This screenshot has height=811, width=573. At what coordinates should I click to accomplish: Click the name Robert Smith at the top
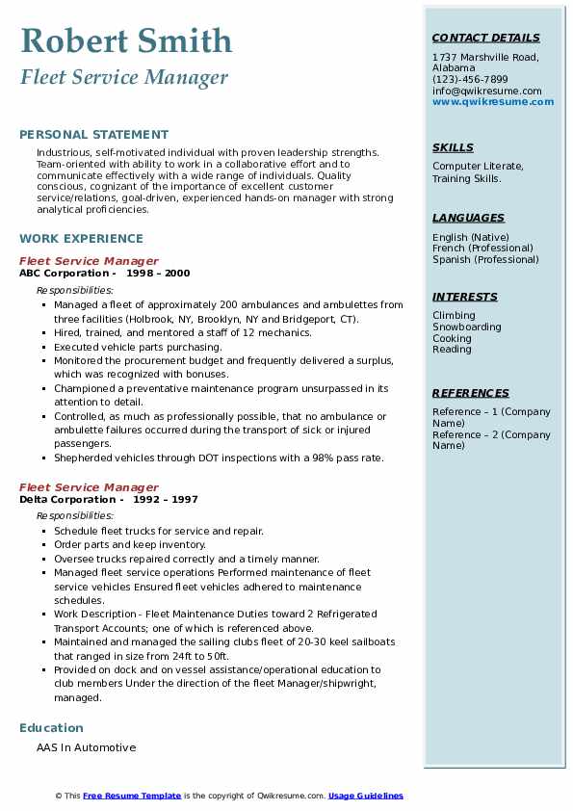click(126, 40)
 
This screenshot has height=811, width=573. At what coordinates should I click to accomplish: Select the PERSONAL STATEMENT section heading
click(93, 135)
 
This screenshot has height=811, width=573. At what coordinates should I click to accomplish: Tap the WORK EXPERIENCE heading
click(81, 238)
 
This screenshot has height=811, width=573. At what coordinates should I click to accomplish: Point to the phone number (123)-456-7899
click(470, 80)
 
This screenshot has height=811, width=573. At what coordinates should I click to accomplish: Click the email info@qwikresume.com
click(486, 92)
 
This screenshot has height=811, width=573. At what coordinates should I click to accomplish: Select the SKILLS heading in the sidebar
click(453, 147)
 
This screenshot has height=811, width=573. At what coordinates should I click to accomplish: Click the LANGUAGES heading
click(468, 218)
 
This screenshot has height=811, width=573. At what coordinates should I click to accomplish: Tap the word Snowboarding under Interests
click(467, 327)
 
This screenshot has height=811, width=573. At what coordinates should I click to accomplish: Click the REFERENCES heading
click(471, 393)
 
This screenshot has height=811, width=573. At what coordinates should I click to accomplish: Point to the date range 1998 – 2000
click(157, 274)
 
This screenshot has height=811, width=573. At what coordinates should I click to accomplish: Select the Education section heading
click(51, 727)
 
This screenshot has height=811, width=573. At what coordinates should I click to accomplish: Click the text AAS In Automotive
click(86, 747)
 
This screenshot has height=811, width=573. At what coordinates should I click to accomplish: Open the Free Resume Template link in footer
click(132, 796)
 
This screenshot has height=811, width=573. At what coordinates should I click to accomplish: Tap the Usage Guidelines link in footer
click(366, 796)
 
